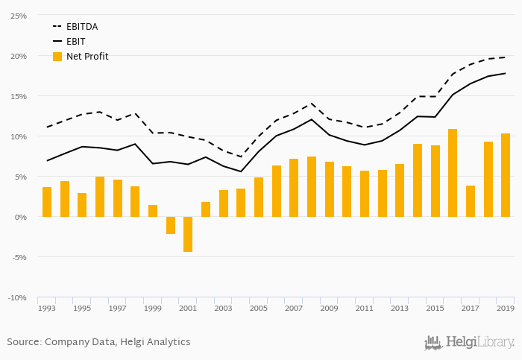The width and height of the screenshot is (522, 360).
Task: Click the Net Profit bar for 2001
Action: pos(188,234)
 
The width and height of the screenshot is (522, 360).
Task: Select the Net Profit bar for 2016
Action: pos(453,173)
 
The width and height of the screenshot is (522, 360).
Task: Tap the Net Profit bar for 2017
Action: pos(471,201)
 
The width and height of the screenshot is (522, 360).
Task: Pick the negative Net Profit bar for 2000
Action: pos(171,225)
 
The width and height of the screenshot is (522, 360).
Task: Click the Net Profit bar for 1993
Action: pos(47,202)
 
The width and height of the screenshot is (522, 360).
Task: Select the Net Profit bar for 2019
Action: pos(506,175)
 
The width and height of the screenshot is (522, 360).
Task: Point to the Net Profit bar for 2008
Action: pos(312,187)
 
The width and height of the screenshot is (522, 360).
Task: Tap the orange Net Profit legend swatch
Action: pos(57,56)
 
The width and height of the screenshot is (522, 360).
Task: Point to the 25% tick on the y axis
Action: pos(18,16)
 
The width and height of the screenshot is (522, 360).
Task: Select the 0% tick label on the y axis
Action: pos(20,217)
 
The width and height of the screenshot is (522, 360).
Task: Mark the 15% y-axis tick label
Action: pos(18,96)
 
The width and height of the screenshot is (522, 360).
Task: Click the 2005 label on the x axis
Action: pos(258,308)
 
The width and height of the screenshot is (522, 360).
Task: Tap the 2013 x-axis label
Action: pos(400,308)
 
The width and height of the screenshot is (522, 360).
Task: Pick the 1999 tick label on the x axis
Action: pos(152,308)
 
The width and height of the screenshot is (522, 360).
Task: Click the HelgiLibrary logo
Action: pos(469,343)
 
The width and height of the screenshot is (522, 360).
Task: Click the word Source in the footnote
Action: pos(24,342)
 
